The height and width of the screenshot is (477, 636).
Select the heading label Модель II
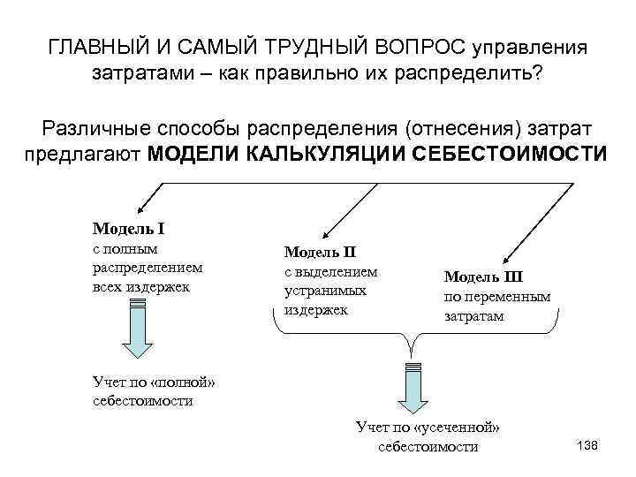[320, 254]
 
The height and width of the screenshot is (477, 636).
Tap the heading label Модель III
[483, 276]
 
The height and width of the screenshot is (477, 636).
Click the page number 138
[587, 444]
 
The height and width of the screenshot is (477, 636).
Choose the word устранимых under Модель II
[319, 291]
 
